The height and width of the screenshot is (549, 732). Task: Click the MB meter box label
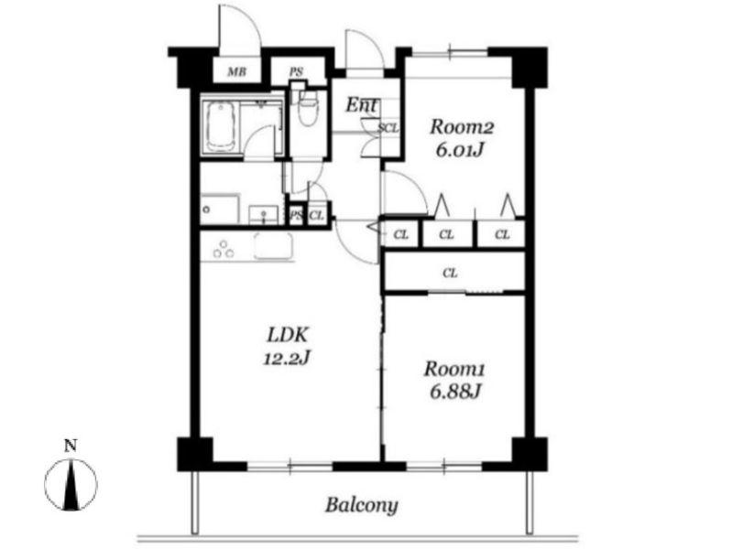[236, 72]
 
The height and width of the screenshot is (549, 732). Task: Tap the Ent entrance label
[362, 105]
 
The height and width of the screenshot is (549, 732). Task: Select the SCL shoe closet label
[388, 128]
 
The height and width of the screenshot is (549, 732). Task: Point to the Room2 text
[462, 127]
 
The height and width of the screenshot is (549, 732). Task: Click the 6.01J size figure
[460, 150]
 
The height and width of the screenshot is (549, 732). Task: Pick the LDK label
[288, 335]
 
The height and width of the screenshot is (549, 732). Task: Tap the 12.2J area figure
[287, 359]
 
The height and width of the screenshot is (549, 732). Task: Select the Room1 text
[454, 369]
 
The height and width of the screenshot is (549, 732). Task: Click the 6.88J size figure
[455, 393]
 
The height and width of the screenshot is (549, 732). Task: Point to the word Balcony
[362, 505]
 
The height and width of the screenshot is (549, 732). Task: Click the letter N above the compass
[71, 447]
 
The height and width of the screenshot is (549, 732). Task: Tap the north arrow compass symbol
[71, 485]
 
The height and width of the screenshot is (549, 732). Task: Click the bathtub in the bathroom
[220, 126]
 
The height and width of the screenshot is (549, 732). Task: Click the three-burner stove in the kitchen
[224, 249]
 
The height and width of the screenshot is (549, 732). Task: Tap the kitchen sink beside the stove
[274, 246]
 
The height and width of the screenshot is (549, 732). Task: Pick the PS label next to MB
[296, 72]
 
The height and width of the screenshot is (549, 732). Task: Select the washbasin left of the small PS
[264, 215]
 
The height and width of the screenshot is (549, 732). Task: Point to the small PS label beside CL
[296, 216]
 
